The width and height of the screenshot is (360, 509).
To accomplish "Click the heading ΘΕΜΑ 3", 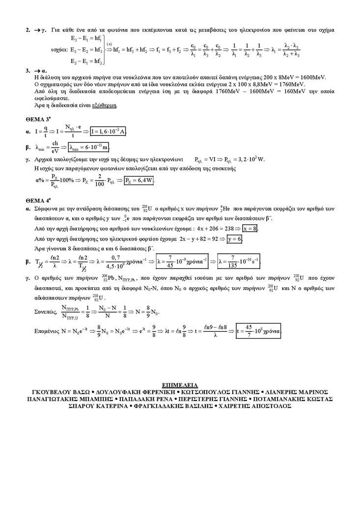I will point(38,119).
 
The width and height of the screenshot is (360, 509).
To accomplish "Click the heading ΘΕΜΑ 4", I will point(38,200).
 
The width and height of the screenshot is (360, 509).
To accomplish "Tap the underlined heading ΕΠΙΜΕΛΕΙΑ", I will point(180,386).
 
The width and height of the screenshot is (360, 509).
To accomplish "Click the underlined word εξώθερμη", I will point(105,106).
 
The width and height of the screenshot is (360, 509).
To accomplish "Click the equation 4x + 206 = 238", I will point(217,229).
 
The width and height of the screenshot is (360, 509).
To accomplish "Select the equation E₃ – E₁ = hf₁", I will point(86,38).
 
